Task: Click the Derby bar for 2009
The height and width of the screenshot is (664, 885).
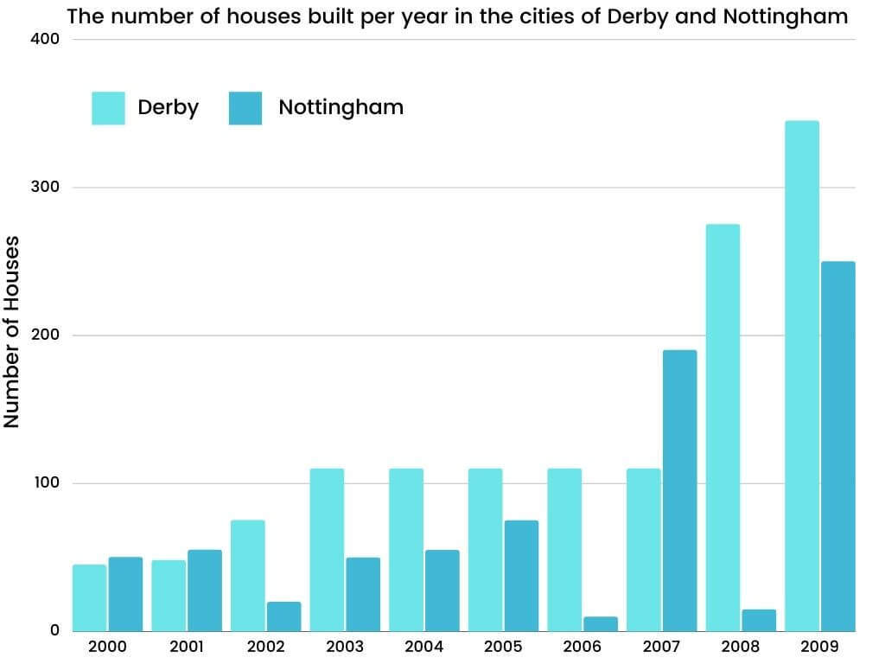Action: coord(801,376)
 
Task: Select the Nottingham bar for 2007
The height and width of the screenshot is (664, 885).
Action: coord(679,490)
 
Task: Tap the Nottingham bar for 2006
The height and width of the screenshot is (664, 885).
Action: coord(601,623)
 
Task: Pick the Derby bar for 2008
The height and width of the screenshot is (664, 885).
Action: coord(723,428)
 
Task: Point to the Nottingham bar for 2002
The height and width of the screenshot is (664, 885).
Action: coord(283,616)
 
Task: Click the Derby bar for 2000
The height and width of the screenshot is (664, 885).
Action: coord(90,597)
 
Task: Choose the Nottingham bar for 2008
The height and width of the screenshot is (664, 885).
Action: coord(759,620)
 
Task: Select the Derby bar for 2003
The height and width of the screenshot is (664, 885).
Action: coord(327,550)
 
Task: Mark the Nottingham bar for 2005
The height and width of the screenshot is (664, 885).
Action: coord(521,576)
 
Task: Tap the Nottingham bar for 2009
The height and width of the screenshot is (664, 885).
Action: coord(837,446)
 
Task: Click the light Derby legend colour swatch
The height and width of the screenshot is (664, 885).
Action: coord(108,108)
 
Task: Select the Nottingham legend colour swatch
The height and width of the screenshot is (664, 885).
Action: coord(245,108)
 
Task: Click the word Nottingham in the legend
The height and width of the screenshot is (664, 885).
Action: coord(341,107)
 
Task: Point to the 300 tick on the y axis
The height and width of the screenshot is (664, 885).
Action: coord(48,188)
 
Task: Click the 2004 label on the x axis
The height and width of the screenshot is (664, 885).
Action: coord(423,646)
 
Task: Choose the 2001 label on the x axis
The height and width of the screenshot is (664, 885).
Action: coord(186,646)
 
